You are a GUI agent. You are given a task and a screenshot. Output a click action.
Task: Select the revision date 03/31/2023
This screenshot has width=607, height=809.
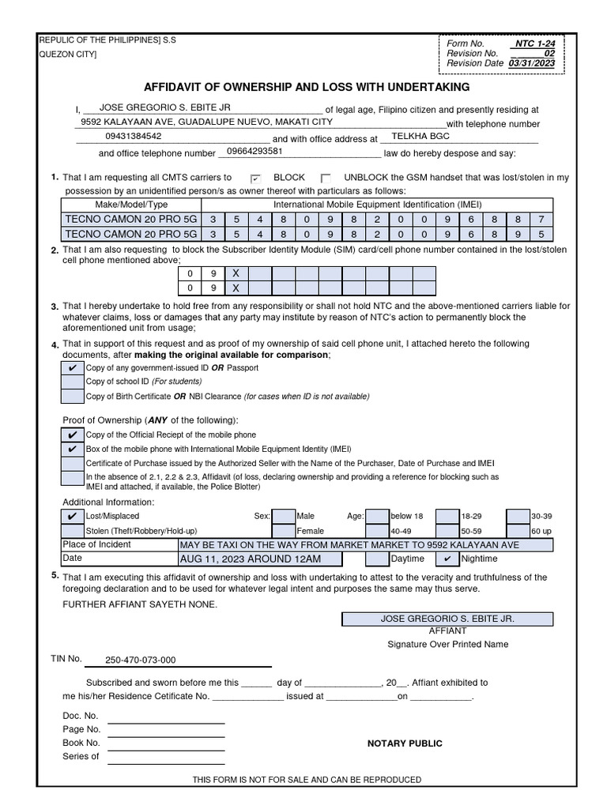(x=532, y=63)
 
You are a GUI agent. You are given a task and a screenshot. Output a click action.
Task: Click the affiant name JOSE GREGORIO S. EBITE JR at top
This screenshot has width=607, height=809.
(x=158, y=107)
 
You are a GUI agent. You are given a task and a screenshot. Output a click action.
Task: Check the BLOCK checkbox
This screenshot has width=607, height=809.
(x=255, y=179)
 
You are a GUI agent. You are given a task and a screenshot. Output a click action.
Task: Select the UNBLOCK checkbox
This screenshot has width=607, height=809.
(x=326, y=179)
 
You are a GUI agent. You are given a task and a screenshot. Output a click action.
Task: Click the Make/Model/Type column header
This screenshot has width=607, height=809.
(x=131, y=205)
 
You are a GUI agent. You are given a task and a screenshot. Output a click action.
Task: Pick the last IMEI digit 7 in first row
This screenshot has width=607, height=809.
(x=541, y=219)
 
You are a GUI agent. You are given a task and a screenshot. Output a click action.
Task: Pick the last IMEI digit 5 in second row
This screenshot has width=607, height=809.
(x=541, y=234)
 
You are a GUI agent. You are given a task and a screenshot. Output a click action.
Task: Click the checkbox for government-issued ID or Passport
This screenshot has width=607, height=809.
(x=72, y=368)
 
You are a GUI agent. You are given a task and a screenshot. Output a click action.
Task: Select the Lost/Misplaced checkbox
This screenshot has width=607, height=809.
(x=72, y=516)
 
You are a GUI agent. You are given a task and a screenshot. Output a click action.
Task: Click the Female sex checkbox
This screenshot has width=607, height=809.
(x=283, y=531)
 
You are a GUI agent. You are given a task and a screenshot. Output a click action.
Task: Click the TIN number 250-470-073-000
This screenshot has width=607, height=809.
(x=141, y=660)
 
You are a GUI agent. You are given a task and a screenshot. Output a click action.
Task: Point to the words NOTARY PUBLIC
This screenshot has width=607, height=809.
(x=405, y=743)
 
